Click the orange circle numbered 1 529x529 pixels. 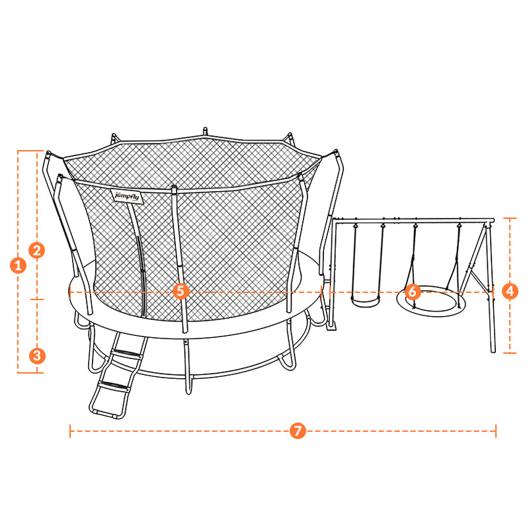point(19,265)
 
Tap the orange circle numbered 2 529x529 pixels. point(37,250)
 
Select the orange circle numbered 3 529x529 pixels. point(37,356)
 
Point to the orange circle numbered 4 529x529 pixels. point(510,291)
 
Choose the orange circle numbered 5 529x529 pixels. point(181,291)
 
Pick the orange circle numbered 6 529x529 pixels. point(412,292)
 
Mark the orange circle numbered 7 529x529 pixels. point(298,431)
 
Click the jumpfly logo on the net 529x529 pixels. point(127,196)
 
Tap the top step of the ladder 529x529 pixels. point(126,354)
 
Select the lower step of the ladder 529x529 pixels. point(113,387)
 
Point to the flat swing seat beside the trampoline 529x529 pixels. point(366,301)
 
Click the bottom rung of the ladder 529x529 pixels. point(107,415)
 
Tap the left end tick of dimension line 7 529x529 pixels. point(70,431)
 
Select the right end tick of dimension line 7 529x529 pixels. point(495,431)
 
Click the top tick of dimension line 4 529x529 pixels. point(510,218)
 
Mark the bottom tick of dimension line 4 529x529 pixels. point(510,353)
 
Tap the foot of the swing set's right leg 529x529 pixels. point(493,351)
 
